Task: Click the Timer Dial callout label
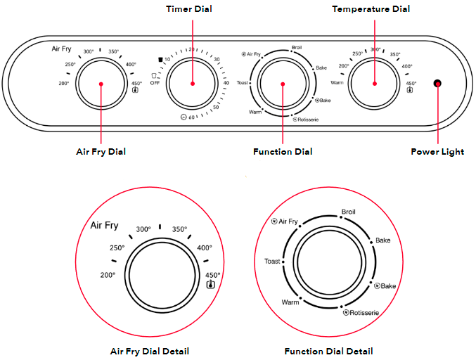pyautogui.click(x=188, y=9)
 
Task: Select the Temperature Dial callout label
pyautogui.click(x=371, y=9)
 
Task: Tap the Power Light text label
pyautogui.click(x=437, y=151)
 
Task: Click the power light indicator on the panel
pyautogui.click(x=437, y=84)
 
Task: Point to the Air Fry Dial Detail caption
pyautogui.click(x=150, y=351)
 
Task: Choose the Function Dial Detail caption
pyautogui.click(x=328, y=351)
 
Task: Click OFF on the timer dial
pyautogui.click(x=155, y=82)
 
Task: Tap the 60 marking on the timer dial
pyautogui.click(x=191, y=117)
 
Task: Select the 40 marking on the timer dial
pyautogui.click(x=226, y=83)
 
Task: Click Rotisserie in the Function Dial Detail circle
pyautogui.click(x=364, y=312)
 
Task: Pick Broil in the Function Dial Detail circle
pyautogui.click(x=348, y=212)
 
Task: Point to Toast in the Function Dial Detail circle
pyautogui.click(x=272, y=261)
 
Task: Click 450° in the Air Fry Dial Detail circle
pyautogui.click(x=212, y=275)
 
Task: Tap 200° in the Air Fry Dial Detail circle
pyautogui.click(x=108, y=275)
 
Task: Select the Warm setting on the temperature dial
pyautogui.click(x=337, y=82)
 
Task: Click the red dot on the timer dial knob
pyautogui.click(x=193, y=84)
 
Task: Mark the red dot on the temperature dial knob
pyautogui.click(x=374, y=84)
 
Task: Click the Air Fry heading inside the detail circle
pyautogui.click(x=103, y=226)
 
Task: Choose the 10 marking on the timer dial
pyautogui.click(x=167, y=60)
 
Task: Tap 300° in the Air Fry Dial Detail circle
pyautogui.click(x=143, y=230)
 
